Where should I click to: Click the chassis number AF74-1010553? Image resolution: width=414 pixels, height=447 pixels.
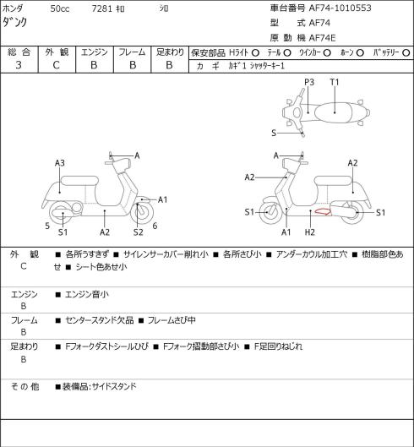point(340,8)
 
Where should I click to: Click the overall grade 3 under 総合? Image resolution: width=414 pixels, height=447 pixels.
point(19,65)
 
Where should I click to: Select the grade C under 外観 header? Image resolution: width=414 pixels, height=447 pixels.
point(56,65)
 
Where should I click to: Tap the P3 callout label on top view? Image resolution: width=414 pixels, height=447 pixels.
point(309,82)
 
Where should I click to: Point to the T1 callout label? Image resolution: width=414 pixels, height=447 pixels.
point(335,82)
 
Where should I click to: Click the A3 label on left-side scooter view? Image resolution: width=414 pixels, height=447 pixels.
point(60,163)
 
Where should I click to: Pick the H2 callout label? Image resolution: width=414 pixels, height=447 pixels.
point(309,232)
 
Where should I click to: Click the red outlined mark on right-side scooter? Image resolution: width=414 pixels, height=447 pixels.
point(323,211)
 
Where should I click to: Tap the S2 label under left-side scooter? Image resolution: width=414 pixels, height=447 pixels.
point(139,232)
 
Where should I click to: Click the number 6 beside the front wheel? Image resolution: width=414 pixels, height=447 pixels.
point(155,226)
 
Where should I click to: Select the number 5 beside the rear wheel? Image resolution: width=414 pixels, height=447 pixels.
point(47,226)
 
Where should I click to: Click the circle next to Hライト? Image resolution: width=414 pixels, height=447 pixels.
point(255,52)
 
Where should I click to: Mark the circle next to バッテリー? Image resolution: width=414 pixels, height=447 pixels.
point(406,52)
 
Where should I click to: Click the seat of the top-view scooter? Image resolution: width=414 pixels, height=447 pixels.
point(333,112)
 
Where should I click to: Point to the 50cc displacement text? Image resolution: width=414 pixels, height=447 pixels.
point(60,8)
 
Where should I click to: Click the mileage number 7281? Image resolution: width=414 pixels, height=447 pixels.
point(101,8)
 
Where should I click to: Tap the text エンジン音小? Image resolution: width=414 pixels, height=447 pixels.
point(87,294)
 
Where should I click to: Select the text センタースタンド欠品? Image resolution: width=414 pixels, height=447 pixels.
point(100,320)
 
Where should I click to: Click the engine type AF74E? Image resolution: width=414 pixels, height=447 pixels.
point(322,38)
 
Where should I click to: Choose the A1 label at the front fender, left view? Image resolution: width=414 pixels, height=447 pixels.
point(162,199)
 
